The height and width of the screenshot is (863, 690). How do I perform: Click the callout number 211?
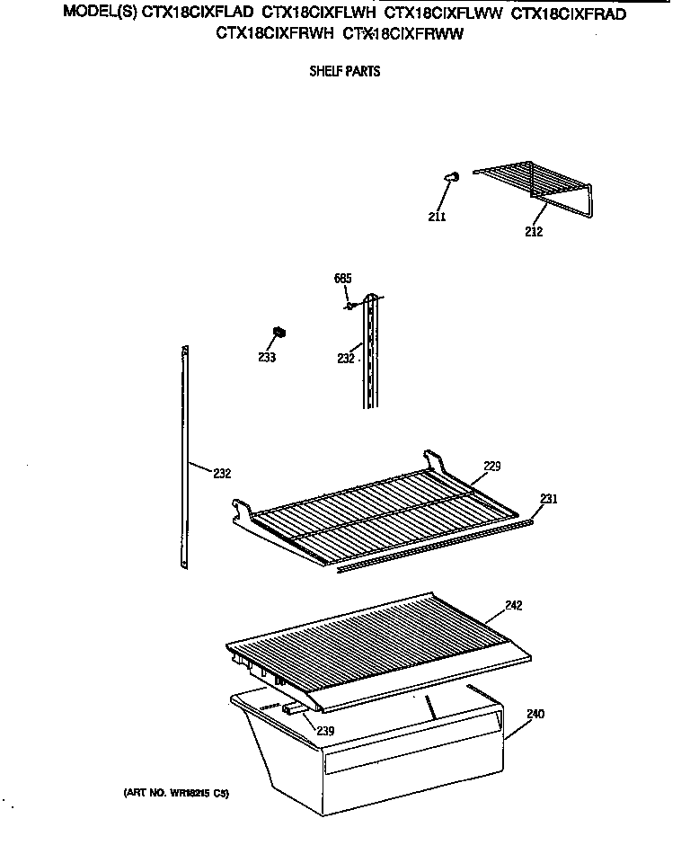click(x=438, y=216)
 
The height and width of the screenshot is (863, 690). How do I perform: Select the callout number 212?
click(x=535, y=231)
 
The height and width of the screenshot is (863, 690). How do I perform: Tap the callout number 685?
click(x=341, y=279)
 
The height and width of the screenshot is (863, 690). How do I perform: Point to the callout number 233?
click(x=266, y=357)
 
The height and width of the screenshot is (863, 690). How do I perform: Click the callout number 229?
click(x=491, y=466)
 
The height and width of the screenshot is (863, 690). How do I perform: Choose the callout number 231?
click(x=548, y=498)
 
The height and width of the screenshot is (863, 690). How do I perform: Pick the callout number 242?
click(x=514, y=606)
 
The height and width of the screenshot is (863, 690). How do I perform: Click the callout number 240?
click(x=536, y=715)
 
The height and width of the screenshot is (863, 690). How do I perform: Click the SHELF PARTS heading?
click(x=345, y=72)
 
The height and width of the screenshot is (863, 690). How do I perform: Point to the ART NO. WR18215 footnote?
click(x=177, y=794)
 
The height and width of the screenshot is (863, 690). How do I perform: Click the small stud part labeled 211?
click(x=453, y=178)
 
